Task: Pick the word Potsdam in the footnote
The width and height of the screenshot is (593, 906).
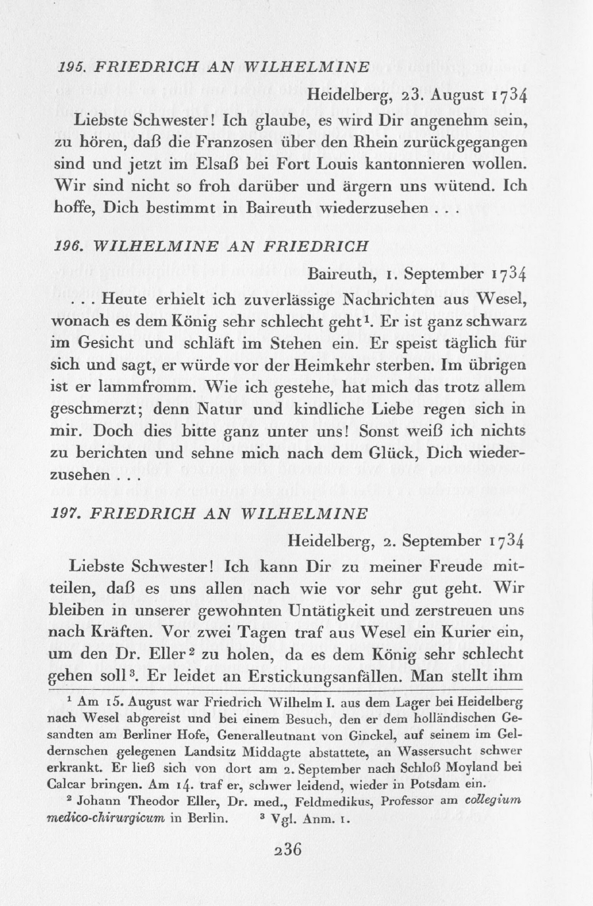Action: (x=431, y=784)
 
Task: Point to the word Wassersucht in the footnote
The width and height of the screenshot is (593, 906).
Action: (x=447, y=751)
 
